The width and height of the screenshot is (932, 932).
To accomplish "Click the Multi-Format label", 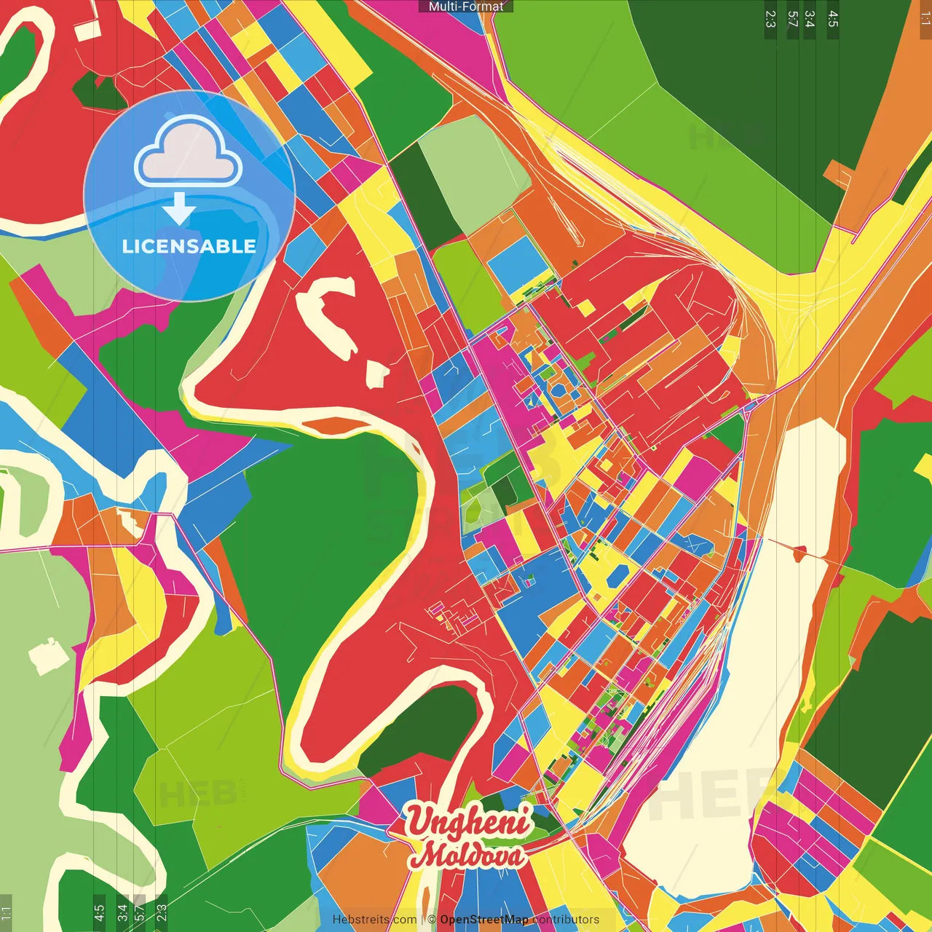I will [466, 7].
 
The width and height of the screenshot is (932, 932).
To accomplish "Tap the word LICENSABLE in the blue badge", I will [189, 246].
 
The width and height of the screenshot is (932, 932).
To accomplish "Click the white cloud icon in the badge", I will [189, 153].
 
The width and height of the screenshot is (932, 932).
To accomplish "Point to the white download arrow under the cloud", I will [179, 210].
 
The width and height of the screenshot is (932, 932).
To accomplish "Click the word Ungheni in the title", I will [467, 822].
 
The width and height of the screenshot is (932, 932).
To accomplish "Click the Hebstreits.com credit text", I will [374, 920].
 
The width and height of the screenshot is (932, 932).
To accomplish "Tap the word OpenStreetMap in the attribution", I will [484, 920].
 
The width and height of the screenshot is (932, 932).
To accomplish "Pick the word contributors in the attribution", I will [566, 920].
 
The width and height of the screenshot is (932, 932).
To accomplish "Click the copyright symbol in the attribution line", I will [432, 920].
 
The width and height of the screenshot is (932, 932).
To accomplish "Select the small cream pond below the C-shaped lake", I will [377, 374].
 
